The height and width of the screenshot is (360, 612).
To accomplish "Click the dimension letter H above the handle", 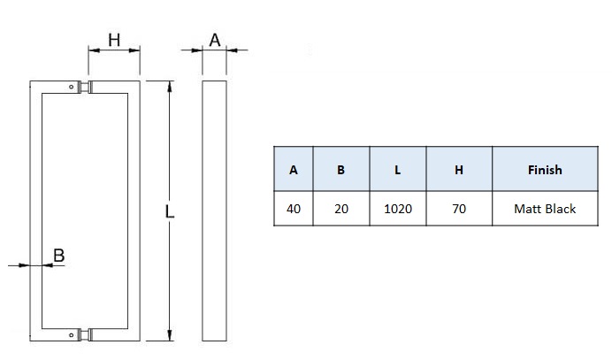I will click(x=113, y=40).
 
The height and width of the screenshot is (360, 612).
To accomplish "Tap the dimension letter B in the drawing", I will click(x=58, y=256).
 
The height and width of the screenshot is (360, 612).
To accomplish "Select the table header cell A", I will click(x=294, y=170).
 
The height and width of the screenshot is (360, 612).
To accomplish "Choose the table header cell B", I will click(x=341, y=170).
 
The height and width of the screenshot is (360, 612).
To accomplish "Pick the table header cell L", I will click(x=398, y=170).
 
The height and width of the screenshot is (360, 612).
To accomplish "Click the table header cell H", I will click(x=458, y=170).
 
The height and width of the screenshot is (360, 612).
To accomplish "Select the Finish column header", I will click(x=544, y=170).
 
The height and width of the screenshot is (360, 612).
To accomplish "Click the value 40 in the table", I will click(x=294, y=209).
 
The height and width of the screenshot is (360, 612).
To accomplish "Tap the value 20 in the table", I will click(x=341, y=209).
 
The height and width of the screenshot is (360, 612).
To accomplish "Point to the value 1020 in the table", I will click(x=398, y=209).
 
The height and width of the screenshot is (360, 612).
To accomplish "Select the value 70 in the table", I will click(x=458, y=209).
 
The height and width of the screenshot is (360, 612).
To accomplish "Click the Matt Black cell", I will click(x=544, y=209).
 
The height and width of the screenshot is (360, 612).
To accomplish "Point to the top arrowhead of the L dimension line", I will click(x=170, y=86).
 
